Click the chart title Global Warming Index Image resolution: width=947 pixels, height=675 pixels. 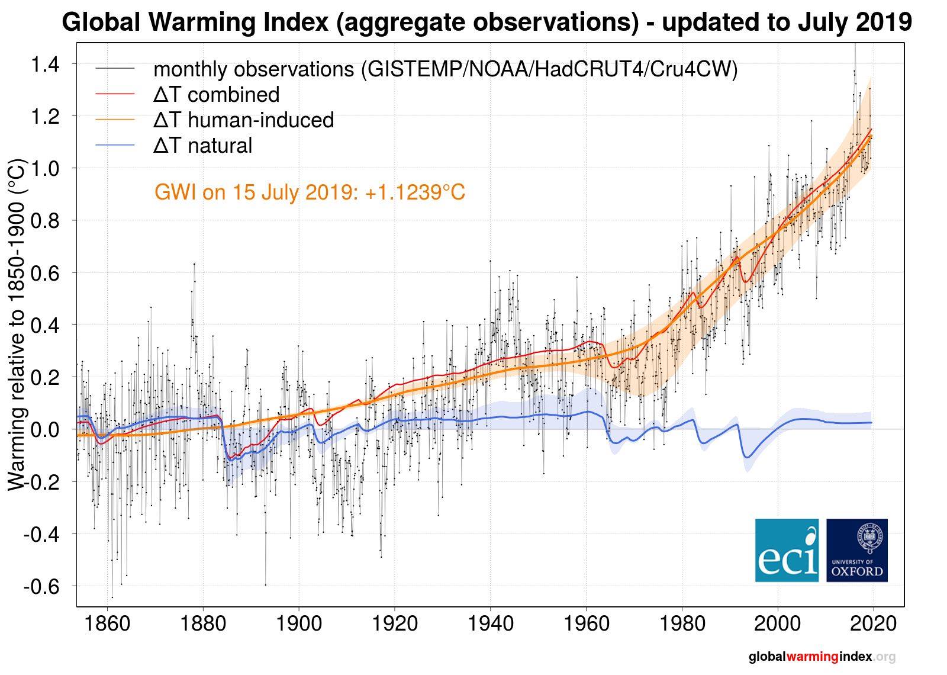pyautogui.click(x=487, y=22)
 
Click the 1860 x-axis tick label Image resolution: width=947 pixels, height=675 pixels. pyautogui.click(x=107, y=625)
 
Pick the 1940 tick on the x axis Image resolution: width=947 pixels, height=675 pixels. pyautogui.click(x=490, y=625)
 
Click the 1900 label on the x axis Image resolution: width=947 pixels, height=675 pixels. pyautogui.click(x=298, y=625)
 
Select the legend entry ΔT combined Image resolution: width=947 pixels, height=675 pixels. pyautogui.click(x=216, y=95)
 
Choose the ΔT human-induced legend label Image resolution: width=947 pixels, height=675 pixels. pyautogui.click(x=243, y=120)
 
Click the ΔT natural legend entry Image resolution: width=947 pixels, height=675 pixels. pyautogui.click(x=202, y=146)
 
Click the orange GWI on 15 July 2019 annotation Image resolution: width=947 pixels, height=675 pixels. pyautogui.click(x=310, y=192)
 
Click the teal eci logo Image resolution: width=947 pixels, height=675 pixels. pyautogui.click(x=787, y=550)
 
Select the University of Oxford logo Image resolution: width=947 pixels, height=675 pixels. pyautogui.click(x=857, y=550)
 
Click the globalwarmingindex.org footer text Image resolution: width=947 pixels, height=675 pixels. pyautogui.click(x=822, y=657)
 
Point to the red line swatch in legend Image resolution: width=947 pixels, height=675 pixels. pyautogui.click(x=115, y=95)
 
